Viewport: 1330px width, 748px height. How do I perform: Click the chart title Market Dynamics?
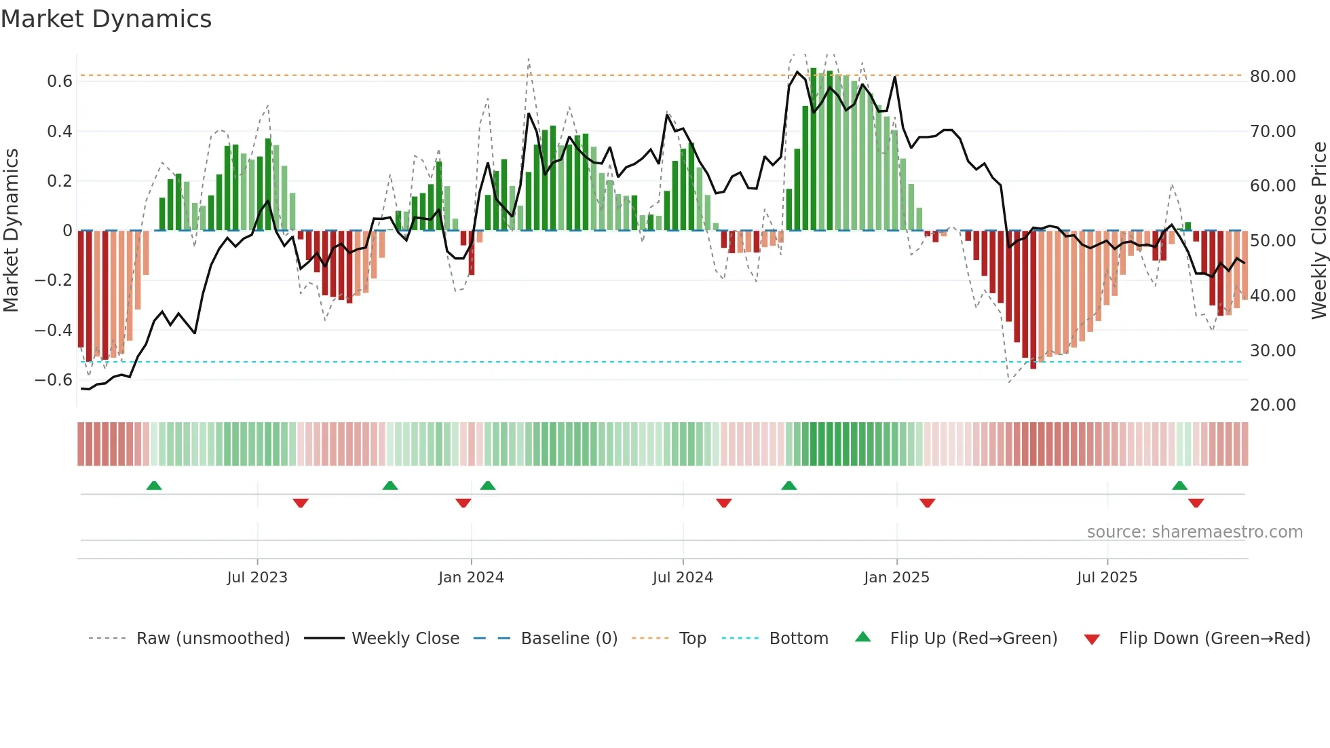tap(106, 19)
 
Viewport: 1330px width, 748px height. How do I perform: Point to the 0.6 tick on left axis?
tap(60, 81)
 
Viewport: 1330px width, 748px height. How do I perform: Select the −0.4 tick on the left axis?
tap(54, 331)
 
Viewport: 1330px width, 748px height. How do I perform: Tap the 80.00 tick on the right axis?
tap(1272, 77)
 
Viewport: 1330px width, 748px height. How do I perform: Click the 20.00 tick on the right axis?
tap(1272, 405)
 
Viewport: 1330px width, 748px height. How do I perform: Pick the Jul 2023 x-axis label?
tap(257, 578)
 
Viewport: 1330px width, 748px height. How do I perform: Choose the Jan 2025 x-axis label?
tap(896, 578)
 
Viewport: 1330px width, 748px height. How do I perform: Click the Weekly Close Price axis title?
tap(1318, 231)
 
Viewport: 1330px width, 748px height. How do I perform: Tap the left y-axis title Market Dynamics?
tap(11, 231)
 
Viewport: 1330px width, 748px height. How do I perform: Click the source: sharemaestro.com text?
tap(1194, 532)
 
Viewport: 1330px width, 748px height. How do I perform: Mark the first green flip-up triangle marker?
tap(154, 485)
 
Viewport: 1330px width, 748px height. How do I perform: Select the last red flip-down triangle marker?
tap(1196, 503)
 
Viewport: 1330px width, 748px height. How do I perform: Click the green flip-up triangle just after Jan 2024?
tap(487, 485)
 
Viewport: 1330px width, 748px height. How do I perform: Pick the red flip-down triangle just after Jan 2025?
tap(927, 503)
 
